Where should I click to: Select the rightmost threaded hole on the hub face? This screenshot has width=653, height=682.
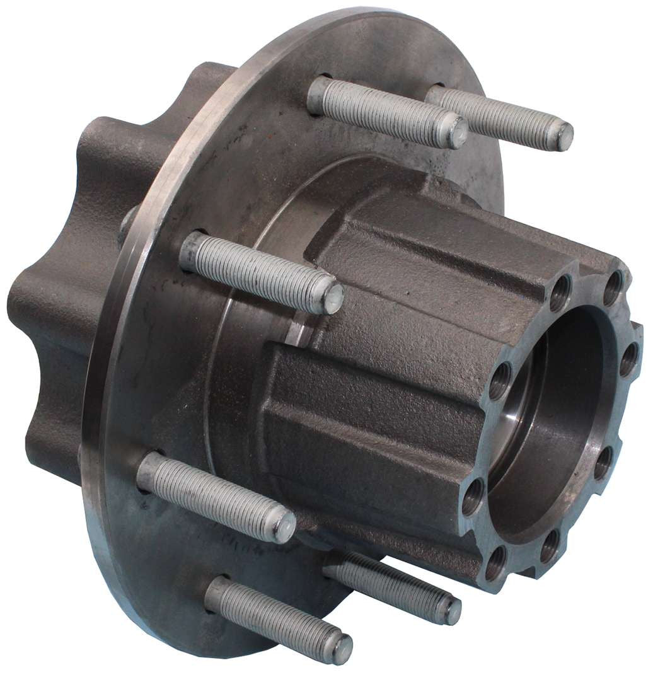(x=628, y=364)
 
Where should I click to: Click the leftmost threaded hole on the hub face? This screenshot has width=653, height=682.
(x=473, y=502)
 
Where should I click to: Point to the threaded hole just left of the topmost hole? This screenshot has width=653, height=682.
(x=558, y=294)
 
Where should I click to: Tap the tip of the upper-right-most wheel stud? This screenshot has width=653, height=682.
(x=563, y=136)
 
